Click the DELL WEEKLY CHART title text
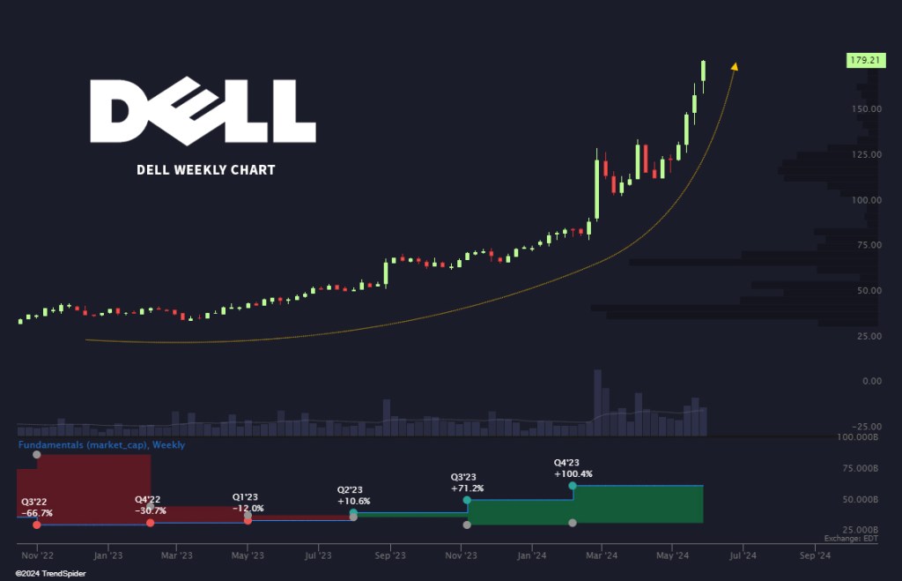click(x=206, y=169)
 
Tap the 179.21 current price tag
click(x=865, y=61)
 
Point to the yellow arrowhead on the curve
click(x=735, y=65)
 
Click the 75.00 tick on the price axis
click(x=865, y=245)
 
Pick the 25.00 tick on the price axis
click(x=865, y=336)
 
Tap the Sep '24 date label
click(x=813, y=555)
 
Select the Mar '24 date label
click(x=601, y=555)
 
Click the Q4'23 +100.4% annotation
click(x=573, y=468)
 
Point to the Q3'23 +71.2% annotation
click(x=467, y=481)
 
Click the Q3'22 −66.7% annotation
click(x=37, y=506)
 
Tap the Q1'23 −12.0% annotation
click(x=248, y=502)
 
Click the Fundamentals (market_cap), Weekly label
click(x=102, y=445)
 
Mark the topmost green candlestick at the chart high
click(x=704, y=71)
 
